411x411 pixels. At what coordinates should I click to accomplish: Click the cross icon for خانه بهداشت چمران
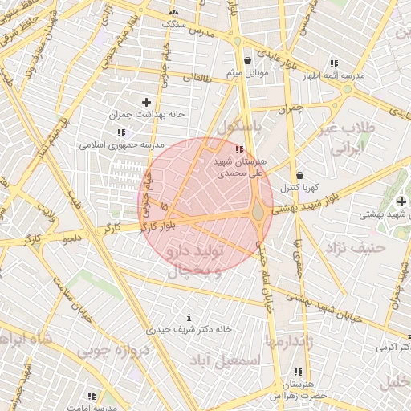click(146, 102)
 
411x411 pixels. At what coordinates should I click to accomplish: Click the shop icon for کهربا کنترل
click(299, 175)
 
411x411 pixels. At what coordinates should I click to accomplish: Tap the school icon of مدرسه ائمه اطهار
click(334, 63)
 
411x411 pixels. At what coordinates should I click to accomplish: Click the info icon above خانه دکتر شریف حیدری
click(189, 318)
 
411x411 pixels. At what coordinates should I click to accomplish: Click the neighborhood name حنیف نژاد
click(358, 247)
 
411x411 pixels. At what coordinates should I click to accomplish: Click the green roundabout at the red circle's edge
click(259, 213)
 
